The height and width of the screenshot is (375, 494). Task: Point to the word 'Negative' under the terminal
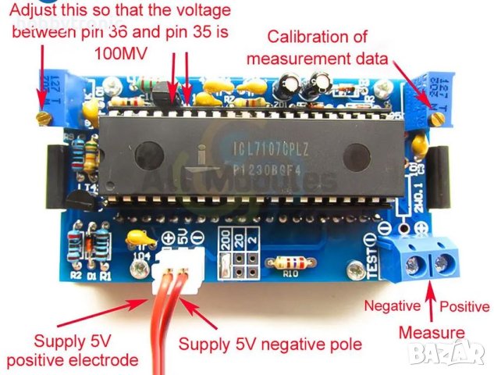pyautogui.click(x=393, y=306)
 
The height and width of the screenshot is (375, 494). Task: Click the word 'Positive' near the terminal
pyautogui.click(x=466, y=306)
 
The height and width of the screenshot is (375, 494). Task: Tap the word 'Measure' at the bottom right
pyautogui.click(x=431, y=332)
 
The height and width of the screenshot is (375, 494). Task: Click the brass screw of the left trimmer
pyautogui.click(x=43, y=117)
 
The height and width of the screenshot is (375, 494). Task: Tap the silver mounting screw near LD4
pyautogui.click(x=140, y=268)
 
